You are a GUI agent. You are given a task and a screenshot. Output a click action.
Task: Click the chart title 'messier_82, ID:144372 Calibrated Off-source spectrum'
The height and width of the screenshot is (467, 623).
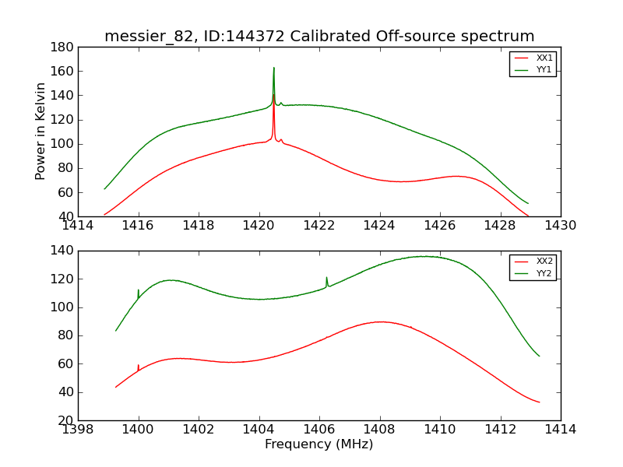[319, 37]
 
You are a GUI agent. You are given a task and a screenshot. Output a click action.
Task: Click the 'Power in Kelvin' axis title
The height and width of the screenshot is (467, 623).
[40, 132]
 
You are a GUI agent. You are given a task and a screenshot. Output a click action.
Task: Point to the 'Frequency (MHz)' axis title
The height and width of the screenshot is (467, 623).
[319, 444]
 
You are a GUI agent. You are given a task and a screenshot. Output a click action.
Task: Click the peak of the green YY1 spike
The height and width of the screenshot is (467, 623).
[273, 68]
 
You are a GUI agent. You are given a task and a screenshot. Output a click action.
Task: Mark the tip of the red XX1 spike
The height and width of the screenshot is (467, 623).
[273, 96]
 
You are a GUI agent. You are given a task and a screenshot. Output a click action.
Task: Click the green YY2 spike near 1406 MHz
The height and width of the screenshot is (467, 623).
[327, 278]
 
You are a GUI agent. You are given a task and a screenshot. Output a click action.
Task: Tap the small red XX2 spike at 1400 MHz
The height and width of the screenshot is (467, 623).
[139, 365]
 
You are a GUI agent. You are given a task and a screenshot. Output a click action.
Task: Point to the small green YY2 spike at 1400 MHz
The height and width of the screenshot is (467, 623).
[139, 290]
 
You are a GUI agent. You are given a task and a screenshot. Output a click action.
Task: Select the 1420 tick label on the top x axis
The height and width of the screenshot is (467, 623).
[259, 226]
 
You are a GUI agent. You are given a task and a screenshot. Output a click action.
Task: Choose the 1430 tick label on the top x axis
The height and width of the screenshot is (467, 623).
[560, 226]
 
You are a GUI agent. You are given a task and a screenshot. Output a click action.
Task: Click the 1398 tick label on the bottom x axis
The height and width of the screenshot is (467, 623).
[78, 430]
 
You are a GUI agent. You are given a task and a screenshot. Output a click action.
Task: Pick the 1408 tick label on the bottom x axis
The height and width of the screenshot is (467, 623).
[379, 430]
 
